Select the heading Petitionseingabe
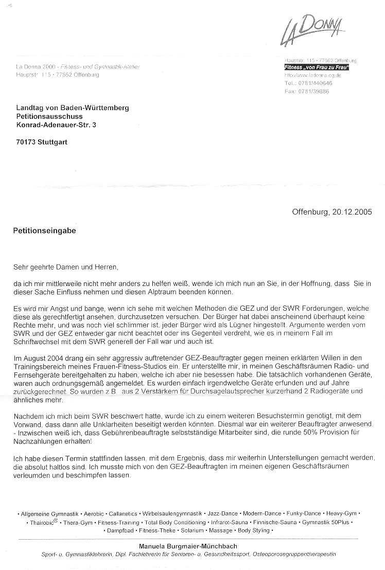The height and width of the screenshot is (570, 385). (44, 231)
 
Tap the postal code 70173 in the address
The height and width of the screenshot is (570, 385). (26, 142)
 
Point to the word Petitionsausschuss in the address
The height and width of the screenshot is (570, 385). (49, 116)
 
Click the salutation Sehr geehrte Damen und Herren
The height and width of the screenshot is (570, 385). (66, 267)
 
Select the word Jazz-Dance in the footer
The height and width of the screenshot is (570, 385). (223, 513)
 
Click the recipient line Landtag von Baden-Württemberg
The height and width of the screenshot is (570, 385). (73, 108)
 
